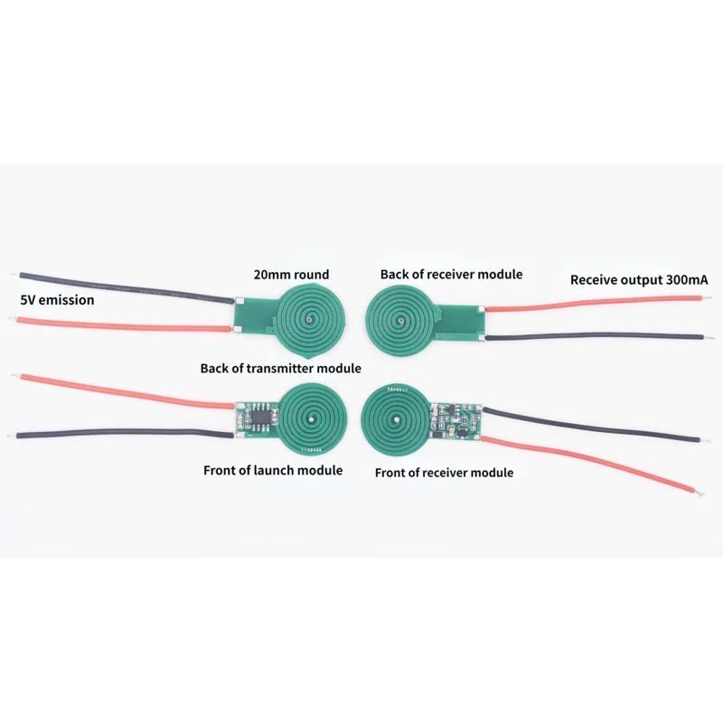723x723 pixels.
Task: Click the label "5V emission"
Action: click(x=57, y=299)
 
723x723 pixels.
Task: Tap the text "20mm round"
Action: click(x=291, y=274)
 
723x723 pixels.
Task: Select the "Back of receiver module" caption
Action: click(x=451, y=274)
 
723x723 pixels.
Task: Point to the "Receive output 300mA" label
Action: click(x=639, y=280)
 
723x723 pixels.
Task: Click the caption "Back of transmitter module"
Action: click(x=280, y=368)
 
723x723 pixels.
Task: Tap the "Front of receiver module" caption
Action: click(x=444, y=472)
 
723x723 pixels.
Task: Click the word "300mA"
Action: click(x=684, y=280)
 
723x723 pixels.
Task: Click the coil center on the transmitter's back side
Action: click(x=310, y=318)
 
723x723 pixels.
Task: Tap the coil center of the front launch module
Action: click(x=311, y=418)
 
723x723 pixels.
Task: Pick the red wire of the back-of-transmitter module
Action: click(x=127, y=323)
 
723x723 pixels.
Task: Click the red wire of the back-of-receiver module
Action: click(x=587, y=308)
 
